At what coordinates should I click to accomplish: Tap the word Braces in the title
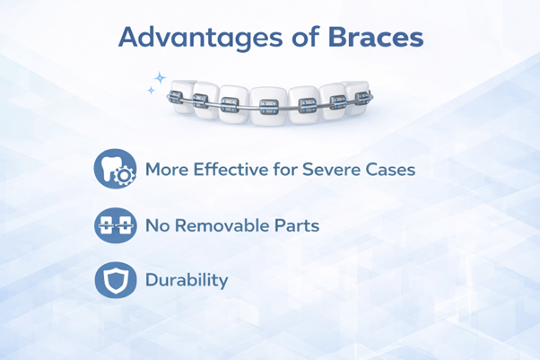(375, 38)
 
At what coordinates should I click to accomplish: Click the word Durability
(187, 280)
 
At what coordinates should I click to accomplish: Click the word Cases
(390, 169)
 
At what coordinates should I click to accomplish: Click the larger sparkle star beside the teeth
(160, 79)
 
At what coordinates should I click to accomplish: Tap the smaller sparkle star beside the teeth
(151, 91)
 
